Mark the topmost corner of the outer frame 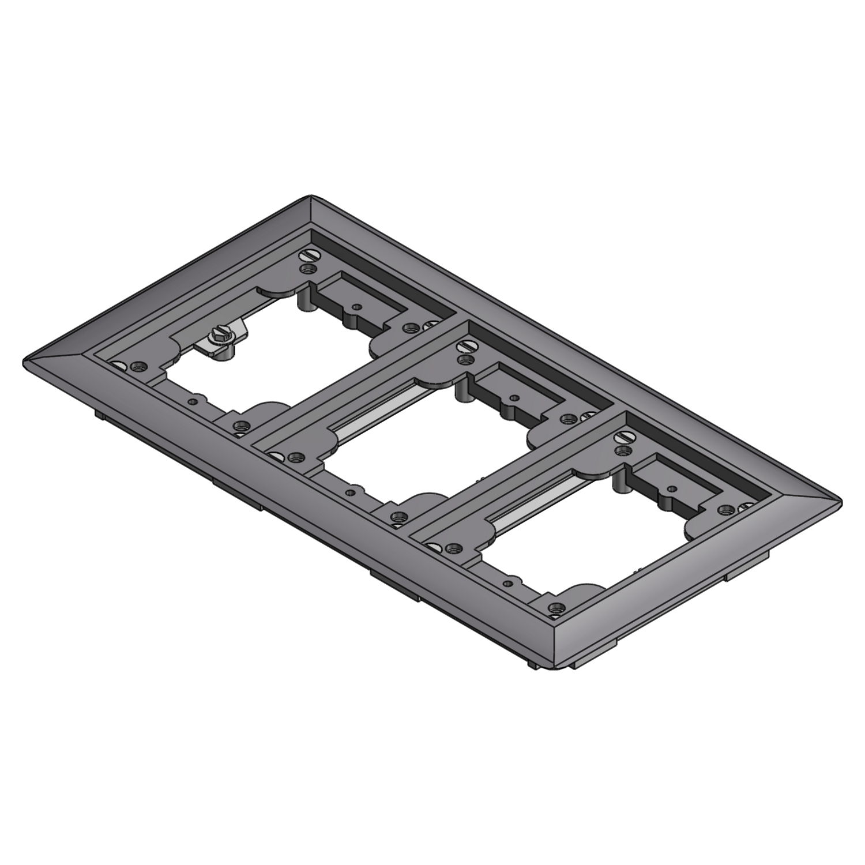[x=311, y=196]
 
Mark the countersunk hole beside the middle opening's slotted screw [x=462, y=360]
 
